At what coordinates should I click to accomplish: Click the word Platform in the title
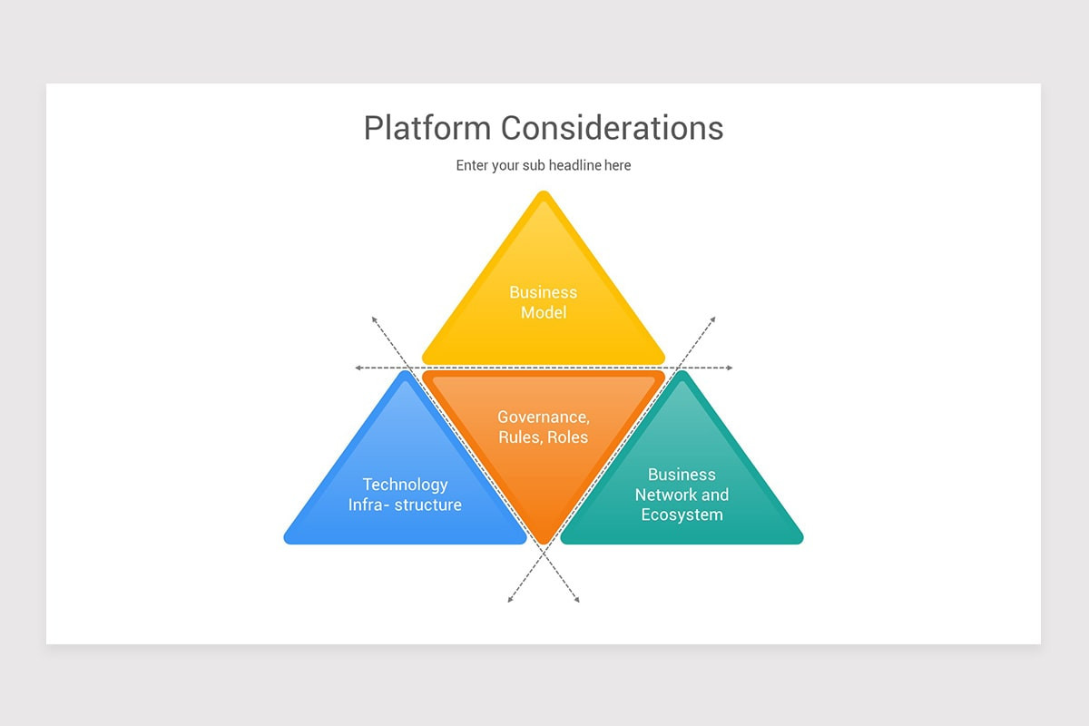coord(428,128)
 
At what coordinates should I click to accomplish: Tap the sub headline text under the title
coord(543,165)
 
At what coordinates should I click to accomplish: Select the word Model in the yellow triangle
coord(543,313)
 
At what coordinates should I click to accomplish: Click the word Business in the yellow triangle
coord(543,292)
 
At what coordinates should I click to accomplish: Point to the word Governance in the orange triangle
coord(543,417)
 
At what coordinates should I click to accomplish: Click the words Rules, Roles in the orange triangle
coord(543,437)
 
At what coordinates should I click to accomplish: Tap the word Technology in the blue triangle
coord(405,485)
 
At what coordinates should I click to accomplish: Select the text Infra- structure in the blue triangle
coord(405,505)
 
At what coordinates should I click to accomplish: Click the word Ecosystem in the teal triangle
coord(682,515)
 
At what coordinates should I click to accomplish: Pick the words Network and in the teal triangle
coord(682,495)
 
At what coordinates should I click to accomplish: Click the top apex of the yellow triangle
coord(544,195)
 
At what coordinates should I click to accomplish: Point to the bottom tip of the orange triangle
coord(544,541)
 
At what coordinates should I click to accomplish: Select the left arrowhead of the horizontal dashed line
coord(358,368)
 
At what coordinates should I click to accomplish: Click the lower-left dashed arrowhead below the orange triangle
coord(510,600)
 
